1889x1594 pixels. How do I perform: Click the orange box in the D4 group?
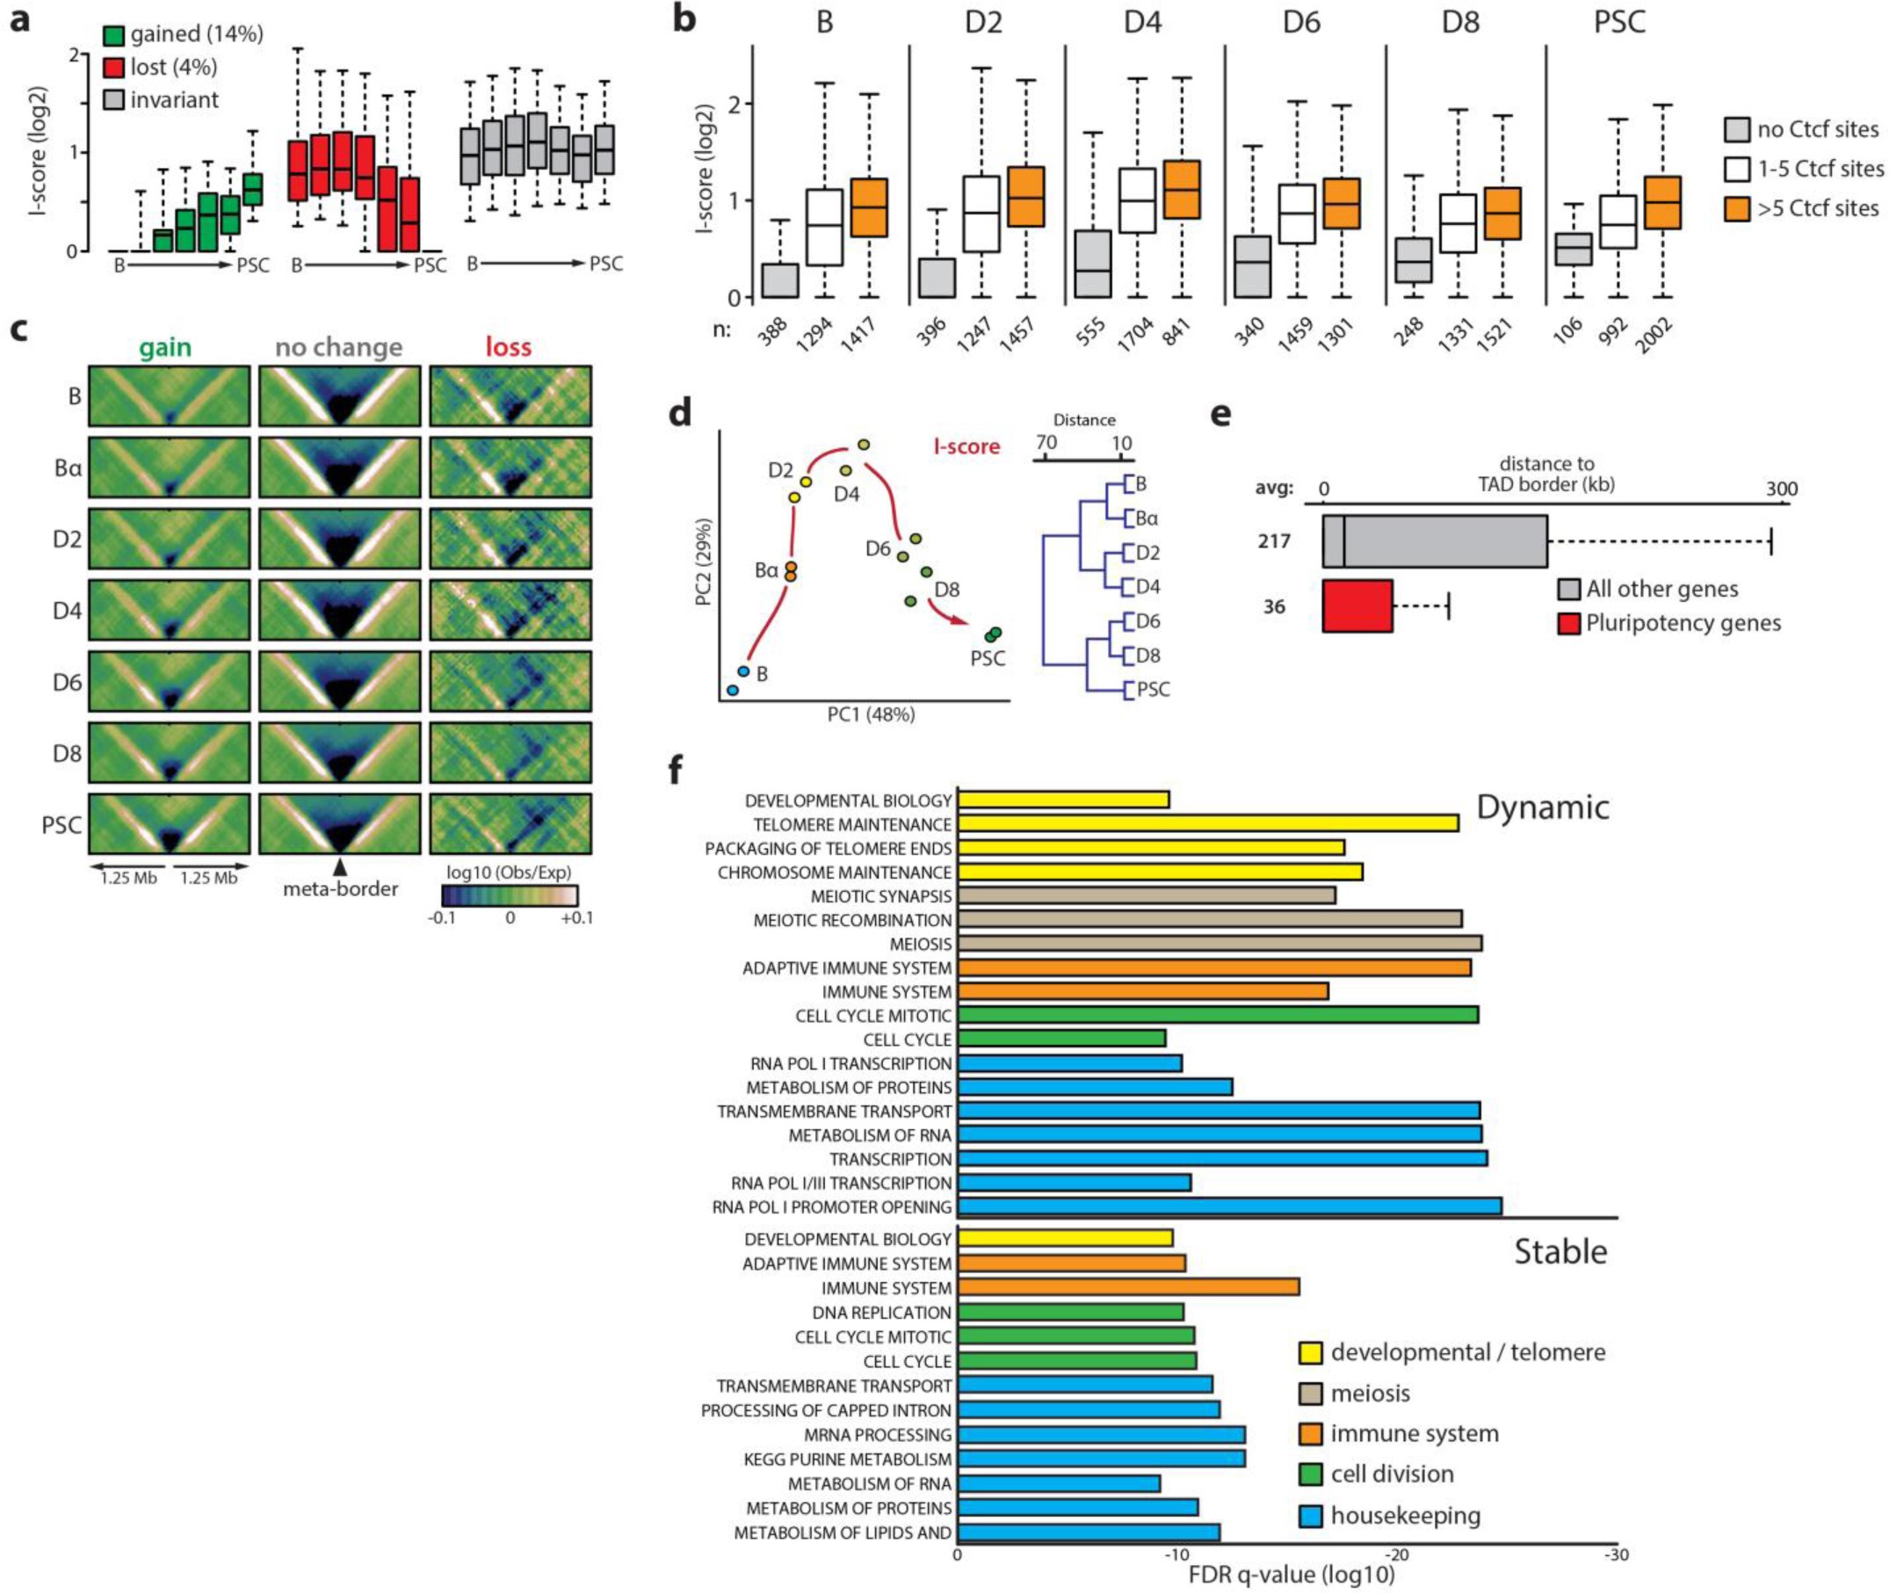pyautogui.click(x=1182, y=189)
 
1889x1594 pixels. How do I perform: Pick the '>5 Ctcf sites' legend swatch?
pyautogui.click(x=1738, y=209)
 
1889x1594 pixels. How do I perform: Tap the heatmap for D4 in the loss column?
pyautogui.click(x=510, y=610)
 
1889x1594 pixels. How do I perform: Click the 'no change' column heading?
pyautogui.click(x=339, y=347)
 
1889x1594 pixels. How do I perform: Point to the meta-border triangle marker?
pyautogui.click(x=340, y=866)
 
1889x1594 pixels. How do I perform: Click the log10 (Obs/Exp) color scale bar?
pyautogui.click(x=510, y=895)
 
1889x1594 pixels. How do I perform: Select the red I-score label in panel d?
pyautogui.click(x=966, y=446)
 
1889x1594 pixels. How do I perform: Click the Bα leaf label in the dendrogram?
pyautogui.click(x=1146, y=518)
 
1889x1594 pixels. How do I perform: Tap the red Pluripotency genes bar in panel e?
pyautogui.click(x=1357, y=606)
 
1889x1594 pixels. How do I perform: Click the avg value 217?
pyautogui.click(x=1274, y=541)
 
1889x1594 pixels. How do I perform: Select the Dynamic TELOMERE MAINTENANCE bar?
pyautogui.click(x=1208, y=823)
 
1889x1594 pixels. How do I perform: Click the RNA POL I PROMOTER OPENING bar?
pyautogui.click(x=1228, y=1206)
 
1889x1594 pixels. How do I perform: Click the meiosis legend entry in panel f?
pyautogui.click(x=1370, y=1393)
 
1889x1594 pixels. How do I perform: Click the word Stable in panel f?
pyautogui.click(x=1560, y=1251)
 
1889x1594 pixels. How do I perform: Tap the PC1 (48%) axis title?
pyautogui.click(x=871, y=714)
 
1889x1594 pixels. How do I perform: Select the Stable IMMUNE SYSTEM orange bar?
pyautogui.click(x=1128, y=1286)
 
